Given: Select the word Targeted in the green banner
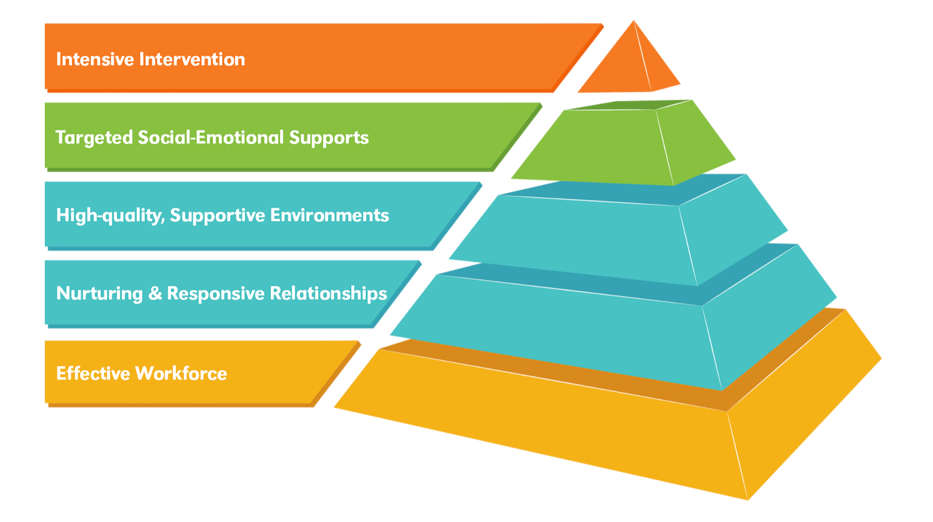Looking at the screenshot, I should click(x=94, y=138).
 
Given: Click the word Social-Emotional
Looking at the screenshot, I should click(x=211, y=137).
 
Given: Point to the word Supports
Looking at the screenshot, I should click(x=329, y=137).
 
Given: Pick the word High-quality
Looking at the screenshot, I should click(x=110, y=216).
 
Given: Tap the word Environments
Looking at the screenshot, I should click(x=330, y=215).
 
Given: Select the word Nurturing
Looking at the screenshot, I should click(x=99, y=294).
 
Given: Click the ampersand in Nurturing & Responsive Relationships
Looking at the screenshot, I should click(x=155, y=293).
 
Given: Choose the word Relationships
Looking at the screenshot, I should click(x=328, y=293).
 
